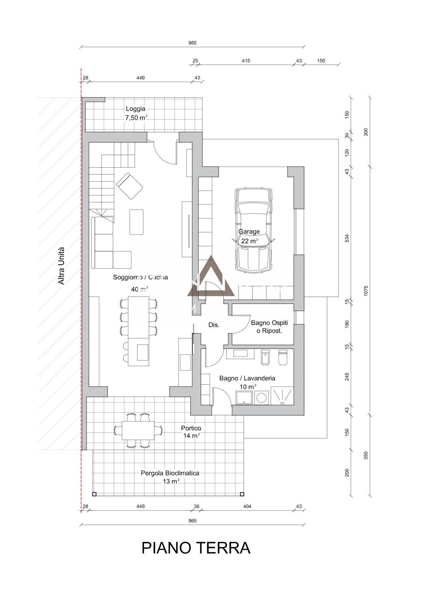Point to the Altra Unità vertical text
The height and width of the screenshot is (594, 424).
pyautogui.click(x=62, y=265)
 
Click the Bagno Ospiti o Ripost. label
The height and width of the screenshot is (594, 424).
pyautogui.click(x=269, y=327)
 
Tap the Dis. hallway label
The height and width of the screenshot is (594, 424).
pyautogui.click(x=214, y=325)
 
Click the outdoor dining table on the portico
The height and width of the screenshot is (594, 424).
pyautogui.click(x=138, y=430)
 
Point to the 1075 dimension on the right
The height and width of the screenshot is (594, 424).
pyautogui.click(x=366, y=291)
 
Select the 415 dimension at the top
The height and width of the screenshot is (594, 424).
pyautogui.click(x=246, y=61)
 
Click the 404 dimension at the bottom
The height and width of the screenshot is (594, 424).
pyautogui.click(x=247, y=506)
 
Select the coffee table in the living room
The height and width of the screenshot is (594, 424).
pyautogui.click(x=136, y=222)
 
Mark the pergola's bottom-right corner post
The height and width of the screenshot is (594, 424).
pyautogui.click(x=243, y=494)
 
